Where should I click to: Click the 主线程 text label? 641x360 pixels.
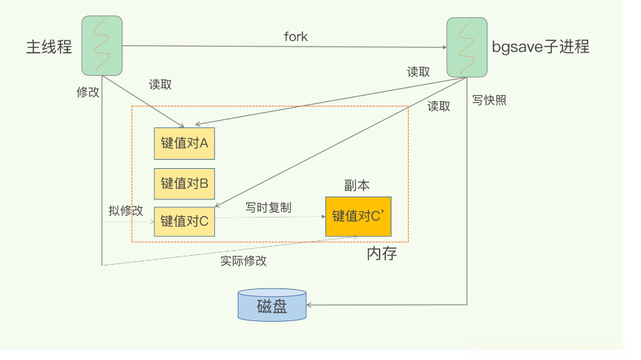(x=49, y=47)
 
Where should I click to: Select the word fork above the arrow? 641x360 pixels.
(x=295, y=36)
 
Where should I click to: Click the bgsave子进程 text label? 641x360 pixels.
(x=540, y=47)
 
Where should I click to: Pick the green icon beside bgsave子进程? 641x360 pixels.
(x=465, y=47)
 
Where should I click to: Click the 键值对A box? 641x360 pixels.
(x=184, y=143)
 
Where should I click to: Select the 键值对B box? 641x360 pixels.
(x=184, y=183)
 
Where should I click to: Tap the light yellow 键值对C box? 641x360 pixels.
(x=184, y=221)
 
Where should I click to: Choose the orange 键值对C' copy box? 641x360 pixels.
(x=358, y=215)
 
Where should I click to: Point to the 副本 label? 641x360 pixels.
(x=357, y=185)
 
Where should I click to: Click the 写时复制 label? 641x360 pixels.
(x=268, y=207)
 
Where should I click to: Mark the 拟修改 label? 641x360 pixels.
(x=126, y=211)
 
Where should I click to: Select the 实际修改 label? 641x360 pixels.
(x=244, y=261)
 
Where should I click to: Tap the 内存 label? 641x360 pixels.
(x=382, y=254)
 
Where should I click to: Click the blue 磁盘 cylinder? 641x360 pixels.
(x=272, y=305)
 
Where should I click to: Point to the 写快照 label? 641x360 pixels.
(x=489, y=100)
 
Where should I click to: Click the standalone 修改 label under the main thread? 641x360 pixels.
(x=88, y=92)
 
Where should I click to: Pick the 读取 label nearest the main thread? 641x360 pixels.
(x=161, y=84)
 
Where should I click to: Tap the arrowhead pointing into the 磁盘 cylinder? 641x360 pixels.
(x=311, y=305)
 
